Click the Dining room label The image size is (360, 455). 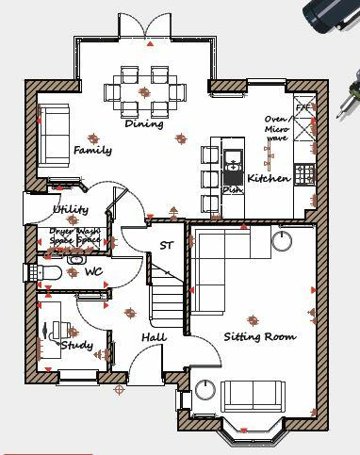tap(143, 123)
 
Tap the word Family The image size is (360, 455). tap(92, 150)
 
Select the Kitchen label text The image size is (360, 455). tap(269, 178)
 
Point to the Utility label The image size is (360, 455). tap(71, 209)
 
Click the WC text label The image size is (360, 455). tap(93, 271)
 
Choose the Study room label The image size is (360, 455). tap(77, 346)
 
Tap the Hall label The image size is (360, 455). tap(154, 336)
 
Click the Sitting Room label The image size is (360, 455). tap(259, 336)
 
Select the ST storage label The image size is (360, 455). tap(167, 246)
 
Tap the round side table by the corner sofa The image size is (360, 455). tap(281, 241)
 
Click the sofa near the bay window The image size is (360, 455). tap(253, 395)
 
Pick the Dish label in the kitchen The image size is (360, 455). tap(231, 189)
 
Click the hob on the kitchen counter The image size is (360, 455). tap(304, 173)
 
